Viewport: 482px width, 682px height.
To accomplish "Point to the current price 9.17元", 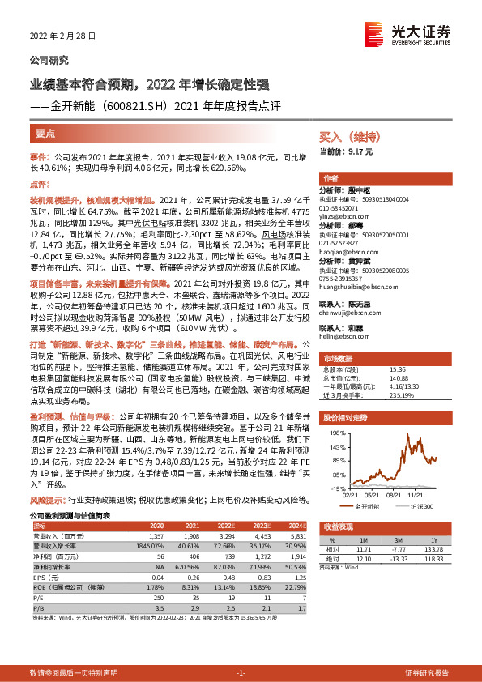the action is coord(358,151).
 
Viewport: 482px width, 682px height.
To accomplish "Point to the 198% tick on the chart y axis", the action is coord(331,433).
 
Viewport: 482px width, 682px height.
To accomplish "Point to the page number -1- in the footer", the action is coord(240,673).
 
